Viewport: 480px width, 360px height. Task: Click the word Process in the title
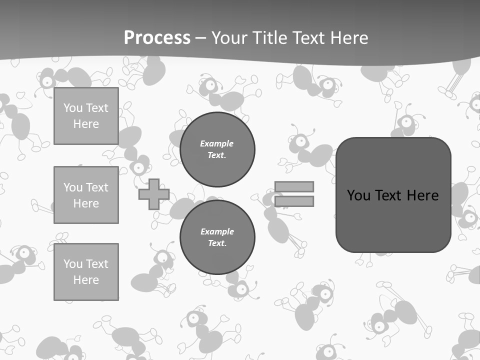click(157, 37)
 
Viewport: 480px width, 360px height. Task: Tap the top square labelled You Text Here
click(86, 116)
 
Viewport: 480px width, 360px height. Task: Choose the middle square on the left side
click(86, 195)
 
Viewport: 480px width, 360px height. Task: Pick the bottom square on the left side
click(86, 272)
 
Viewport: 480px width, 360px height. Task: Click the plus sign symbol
click(154, 194)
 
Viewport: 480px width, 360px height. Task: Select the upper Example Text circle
click(217, 149)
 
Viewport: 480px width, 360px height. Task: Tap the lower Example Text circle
click(217, 237)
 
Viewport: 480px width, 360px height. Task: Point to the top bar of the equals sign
click(294, 186)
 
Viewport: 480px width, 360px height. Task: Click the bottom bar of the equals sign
click(294, 201)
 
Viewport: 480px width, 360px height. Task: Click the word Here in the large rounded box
click(422, 195)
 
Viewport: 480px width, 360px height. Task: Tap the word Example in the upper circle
click(217, 143)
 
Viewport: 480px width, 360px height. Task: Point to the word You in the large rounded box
click(358, 195)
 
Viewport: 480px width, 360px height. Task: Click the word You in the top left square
click(73, 108)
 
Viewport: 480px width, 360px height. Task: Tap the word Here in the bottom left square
click(86, 280)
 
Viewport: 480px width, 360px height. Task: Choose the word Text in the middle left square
click(97, 187)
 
